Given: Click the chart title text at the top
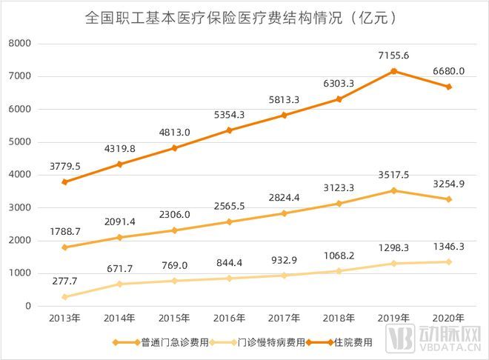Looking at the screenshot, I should (245, 17).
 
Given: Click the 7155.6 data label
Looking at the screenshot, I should (394, 56).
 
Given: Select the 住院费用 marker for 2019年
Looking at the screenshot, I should (394, 71).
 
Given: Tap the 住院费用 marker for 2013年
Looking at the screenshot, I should (66, 181).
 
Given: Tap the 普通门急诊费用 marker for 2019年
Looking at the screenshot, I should (394, 190).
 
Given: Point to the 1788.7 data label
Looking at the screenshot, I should (66, 232).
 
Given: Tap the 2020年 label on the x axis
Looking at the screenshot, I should (449, 319).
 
